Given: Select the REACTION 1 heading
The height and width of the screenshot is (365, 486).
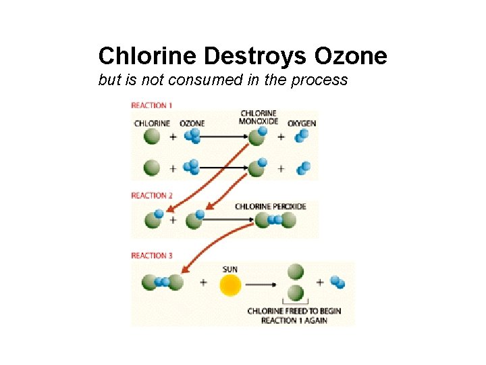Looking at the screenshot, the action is [152, 105].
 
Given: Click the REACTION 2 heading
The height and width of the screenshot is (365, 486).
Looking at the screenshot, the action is [152, 195].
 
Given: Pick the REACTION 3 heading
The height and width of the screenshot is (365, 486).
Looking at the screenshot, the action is [152, 255].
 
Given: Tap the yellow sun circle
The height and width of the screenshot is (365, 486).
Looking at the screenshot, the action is [230, 285].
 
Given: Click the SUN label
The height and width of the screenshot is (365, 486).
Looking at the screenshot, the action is [230, 269].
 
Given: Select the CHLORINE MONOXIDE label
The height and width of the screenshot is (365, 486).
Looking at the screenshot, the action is [259, 117].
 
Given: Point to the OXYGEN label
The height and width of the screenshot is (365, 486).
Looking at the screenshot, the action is [302, 124].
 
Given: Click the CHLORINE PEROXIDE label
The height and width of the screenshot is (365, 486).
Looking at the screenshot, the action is [271, 206].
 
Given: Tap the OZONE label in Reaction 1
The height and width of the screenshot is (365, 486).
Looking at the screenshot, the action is [192, 124].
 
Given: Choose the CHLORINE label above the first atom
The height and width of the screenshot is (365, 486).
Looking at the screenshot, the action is [152, 124].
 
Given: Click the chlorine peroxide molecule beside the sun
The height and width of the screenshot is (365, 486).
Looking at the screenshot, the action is [163, 282].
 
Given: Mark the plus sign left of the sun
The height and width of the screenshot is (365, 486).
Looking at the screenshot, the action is [203, 283].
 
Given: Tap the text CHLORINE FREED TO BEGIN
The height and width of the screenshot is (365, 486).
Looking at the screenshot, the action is [294, 311].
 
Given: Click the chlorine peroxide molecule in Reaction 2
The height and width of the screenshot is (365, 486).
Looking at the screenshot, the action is [275, 220].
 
